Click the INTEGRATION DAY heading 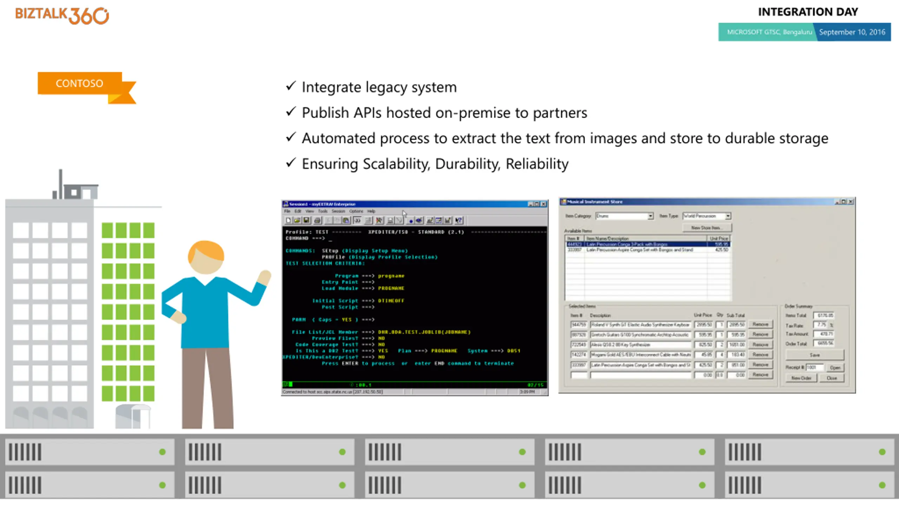point(808,12)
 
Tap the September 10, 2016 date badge point(852,32)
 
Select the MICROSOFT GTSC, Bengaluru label point(769,32)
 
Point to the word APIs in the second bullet point(367,113)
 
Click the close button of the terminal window point(544,204)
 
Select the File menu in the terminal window point(287,211)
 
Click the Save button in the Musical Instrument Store point(814,355)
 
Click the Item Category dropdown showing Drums point(624,216)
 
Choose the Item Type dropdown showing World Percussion point(707,216)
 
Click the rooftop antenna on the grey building point(61,183)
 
